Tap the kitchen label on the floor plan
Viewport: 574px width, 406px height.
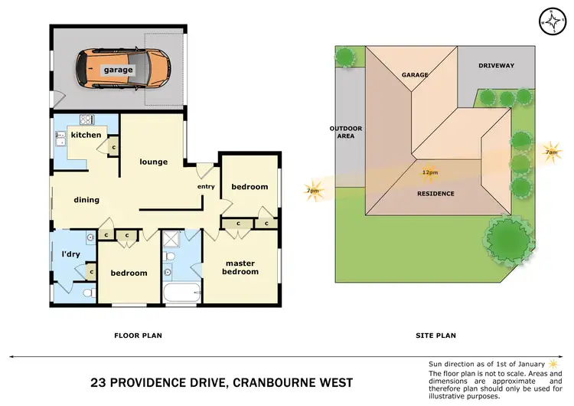point(86,135)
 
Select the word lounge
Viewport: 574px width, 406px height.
point(153,162)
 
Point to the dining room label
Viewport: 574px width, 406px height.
point(86,200)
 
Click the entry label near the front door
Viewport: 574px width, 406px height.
point(206,186)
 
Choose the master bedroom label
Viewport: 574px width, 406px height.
point(241,267)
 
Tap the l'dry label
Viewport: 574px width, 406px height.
point(71,254)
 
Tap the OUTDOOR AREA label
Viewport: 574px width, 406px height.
point(345,133)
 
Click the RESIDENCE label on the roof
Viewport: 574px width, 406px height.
point(435,193)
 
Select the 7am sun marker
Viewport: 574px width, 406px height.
point(550,152)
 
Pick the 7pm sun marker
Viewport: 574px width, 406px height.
point(313,191)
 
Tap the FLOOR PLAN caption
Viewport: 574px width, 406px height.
point(138,335)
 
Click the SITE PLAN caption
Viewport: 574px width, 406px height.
point(435,335)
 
